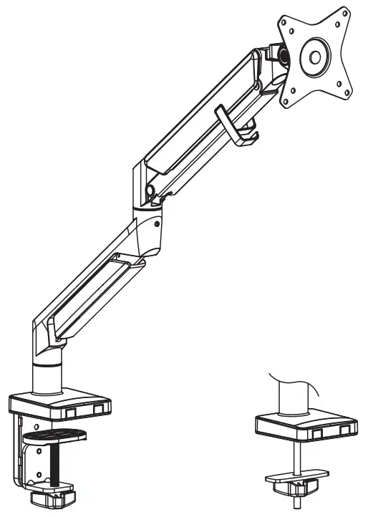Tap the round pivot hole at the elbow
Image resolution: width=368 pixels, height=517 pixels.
pos(150,190)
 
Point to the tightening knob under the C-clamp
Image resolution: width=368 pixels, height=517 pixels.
pos(54,495)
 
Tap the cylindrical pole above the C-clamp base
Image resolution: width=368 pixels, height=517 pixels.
pos(48,375)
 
